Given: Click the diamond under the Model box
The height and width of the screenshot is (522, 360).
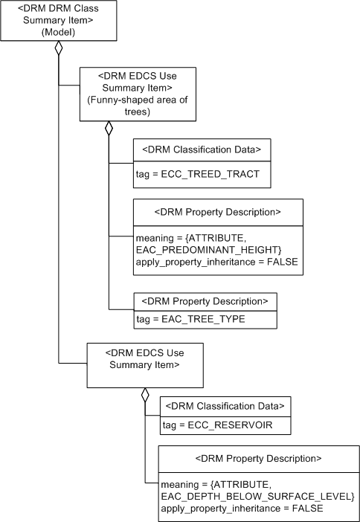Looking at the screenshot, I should coord(58,50).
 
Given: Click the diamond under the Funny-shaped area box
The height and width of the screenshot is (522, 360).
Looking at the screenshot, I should coord(109,129).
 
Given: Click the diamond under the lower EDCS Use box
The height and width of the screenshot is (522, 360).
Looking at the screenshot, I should coord(145,395).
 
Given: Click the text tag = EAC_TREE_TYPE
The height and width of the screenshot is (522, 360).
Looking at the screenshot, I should coord(190,318).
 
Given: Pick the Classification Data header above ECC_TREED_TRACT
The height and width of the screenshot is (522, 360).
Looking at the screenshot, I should coord(201,149).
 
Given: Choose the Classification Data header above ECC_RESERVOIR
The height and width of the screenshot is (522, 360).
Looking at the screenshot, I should coord(225,406).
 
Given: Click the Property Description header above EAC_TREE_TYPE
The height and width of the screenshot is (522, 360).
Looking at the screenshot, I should coord(205,301).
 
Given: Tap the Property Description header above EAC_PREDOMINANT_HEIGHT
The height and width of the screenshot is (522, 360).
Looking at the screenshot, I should coord(217,211).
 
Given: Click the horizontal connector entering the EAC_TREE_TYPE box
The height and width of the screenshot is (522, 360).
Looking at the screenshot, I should coord(120,309).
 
